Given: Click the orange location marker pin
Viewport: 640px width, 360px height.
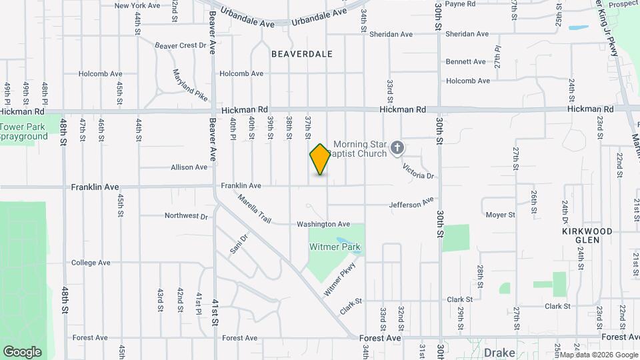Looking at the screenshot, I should (320, 159).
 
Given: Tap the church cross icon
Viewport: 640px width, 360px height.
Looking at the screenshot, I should (397, 148).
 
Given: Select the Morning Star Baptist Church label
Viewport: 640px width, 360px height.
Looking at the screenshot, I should (360, 149).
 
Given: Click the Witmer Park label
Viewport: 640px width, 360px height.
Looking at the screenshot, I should (335, 247).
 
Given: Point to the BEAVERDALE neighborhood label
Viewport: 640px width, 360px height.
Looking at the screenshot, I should (301, 53).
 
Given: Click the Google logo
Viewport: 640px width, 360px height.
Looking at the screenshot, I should (22, 351).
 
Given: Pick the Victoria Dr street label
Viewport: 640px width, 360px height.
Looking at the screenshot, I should (419, 171).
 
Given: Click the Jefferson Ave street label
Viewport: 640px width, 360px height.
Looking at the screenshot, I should (411, 203).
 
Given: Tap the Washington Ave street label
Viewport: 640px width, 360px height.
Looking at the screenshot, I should (323, 224).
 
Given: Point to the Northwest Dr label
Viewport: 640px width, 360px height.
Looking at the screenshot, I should (186, 215).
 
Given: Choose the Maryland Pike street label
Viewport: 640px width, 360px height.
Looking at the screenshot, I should (190, 85).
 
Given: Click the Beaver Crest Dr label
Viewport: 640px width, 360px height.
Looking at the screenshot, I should (180, 45).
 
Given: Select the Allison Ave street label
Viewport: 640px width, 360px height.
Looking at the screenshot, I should (189, 167).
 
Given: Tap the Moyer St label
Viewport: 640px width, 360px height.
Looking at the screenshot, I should (501, 215).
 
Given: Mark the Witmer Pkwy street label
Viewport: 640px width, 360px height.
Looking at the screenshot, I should (340, 279).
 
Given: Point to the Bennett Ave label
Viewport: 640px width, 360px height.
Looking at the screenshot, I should (466, 61).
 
